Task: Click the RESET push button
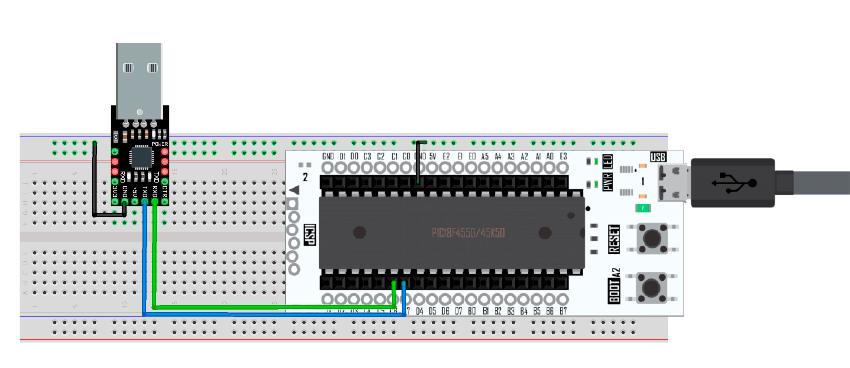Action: (x=652, y=239)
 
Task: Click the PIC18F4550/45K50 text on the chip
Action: (x=468, y=233)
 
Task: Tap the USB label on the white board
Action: (x=658, y=157)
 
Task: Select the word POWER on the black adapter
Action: (x=159, y=144)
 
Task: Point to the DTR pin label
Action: (x=165, y=191)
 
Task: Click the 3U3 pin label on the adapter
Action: (x=115, y=191)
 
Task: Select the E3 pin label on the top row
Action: (x=563, y=156)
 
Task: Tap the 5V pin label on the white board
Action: (x=433, y=156)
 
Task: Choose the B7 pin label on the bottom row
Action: (x=563, y=311)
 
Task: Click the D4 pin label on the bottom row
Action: (x=419, y=311)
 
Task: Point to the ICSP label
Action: (x=309, y=234)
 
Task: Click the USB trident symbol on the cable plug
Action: (x=734, y=183)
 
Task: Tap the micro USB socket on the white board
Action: (x=673, y=183)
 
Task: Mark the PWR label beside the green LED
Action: (x=608, y=182)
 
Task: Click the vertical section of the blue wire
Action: (x=144, y=259)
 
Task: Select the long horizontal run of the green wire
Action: (x=274, y=307)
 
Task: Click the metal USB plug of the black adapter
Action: (x=139, y=80)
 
